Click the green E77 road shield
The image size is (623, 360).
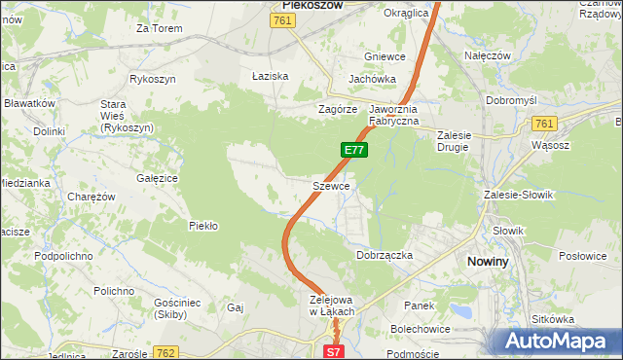354,150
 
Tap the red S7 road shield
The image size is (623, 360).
333,352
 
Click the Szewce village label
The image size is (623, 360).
331,185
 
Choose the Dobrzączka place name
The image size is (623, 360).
385,254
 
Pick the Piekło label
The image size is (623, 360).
202,226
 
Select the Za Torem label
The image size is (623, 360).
160,28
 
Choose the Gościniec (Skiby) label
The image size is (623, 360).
177,309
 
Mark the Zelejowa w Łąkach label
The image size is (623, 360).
331,306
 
